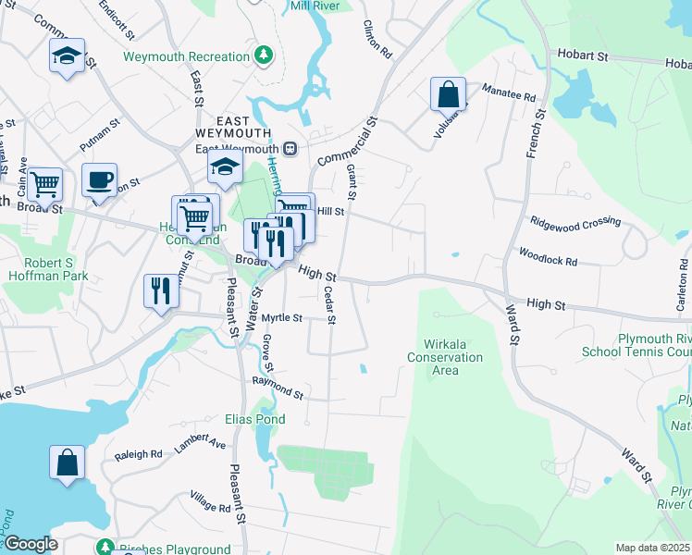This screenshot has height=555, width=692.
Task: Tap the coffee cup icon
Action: (x=99, y=180)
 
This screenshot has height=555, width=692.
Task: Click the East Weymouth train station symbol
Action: (x=290, y=149)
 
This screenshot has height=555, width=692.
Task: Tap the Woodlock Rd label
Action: (x=548, y=256)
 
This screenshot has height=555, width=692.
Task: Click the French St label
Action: (x=534, y=134)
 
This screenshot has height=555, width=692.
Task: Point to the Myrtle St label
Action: (x=282, y=317)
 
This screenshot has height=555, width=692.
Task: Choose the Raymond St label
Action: (x=278, y=388)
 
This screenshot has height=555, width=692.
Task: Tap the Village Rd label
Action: (x=210, y=502)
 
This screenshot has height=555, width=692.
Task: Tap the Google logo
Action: (x=30, y=544)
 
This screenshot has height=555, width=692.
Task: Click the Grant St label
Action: (x=351, y=182)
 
